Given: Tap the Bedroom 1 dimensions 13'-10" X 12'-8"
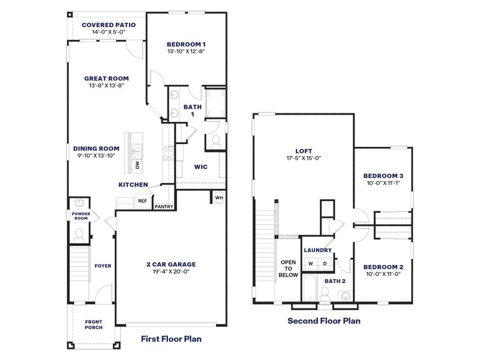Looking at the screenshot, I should point(186,52).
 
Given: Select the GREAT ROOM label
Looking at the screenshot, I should point(106,78).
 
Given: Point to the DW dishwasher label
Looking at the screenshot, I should point(137,164).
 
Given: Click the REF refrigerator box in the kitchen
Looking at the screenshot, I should point(142,202).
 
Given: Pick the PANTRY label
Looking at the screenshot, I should point(164,207).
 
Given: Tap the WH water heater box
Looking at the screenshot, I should point(218,197).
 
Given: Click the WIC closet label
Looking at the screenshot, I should point(200,167).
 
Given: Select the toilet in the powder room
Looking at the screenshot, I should point(79,236).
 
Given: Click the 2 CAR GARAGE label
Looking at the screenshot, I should point(172,264).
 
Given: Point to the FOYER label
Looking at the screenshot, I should point(103,265).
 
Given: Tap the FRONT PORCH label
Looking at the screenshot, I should point(93,325).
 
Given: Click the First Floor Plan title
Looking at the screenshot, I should point(171,339).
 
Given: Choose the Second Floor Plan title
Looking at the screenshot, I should point(324,320).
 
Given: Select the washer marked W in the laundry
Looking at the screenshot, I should point(311,263).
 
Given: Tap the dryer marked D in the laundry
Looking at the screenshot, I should point(325,263).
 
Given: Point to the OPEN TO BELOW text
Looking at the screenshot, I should point(288,268).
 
